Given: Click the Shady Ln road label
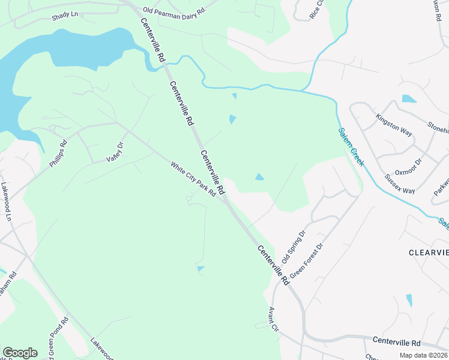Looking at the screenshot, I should (65, 16).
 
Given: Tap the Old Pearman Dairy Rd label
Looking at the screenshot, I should (175, 10).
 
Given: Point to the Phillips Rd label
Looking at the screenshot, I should (58, 154).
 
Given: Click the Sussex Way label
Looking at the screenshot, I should (400, 184).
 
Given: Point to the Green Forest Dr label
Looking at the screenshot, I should (306, 260).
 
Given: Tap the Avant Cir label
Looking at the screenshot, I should (274, 319).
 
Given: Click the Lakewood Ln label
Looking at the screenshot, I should (6, 202).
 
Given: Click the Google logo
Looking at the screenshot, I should (20, 353).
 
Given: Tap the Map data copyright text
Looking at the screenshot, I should (423, 355).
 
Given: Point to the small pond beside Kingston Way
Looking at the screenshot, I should (409, 99).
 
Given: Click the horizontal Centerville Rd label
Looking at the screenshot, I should (397, 341).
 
